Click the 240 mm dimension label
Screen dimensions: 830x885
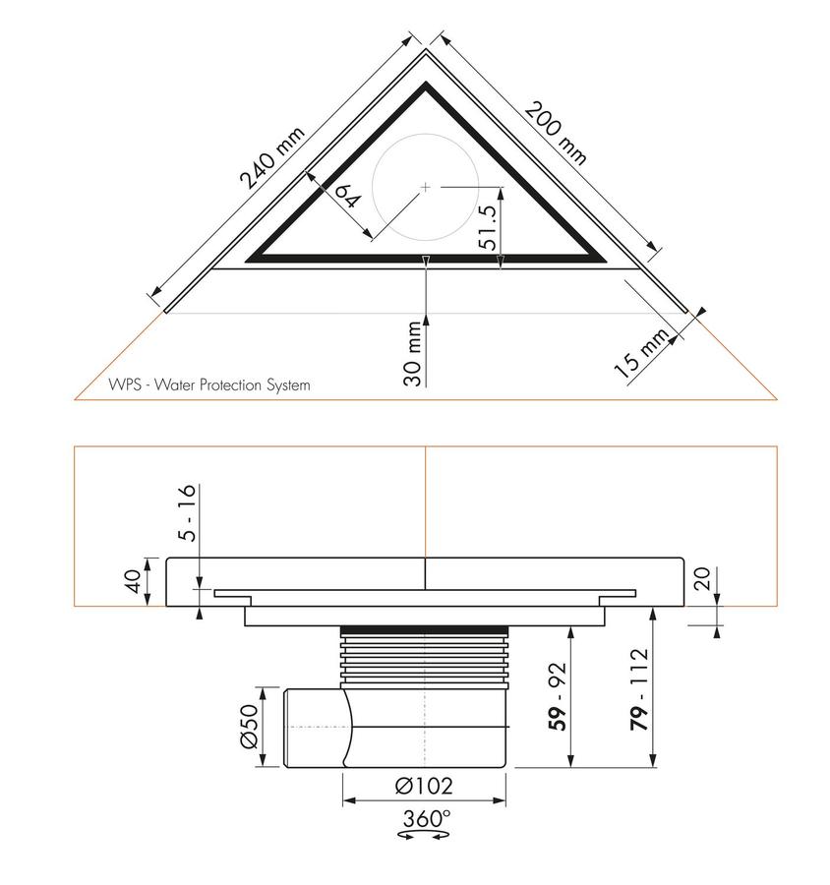pyautogui.click(x=272, y=157)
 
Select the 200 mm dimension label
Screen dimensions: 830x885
pyautogui.click(x=557, y=133)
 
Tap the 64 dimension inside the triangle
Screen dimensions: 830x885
pyautogui.click(x=347, y=196)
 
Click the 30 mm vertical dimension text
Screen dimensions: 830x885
pyautogui.click(x=413, y=353)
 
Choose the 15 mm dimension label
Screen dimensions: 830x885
pyautogui.click(x=642, y=353)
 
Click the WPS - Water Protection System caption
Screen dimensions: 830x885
pyautogui.click(x=208, y=384)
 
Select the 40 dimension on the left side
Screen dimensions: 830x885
pyautogui.click(x=132, y=581)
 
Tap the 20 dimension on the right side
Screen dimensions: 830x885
pyautogui.click(x=702, y=578)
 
